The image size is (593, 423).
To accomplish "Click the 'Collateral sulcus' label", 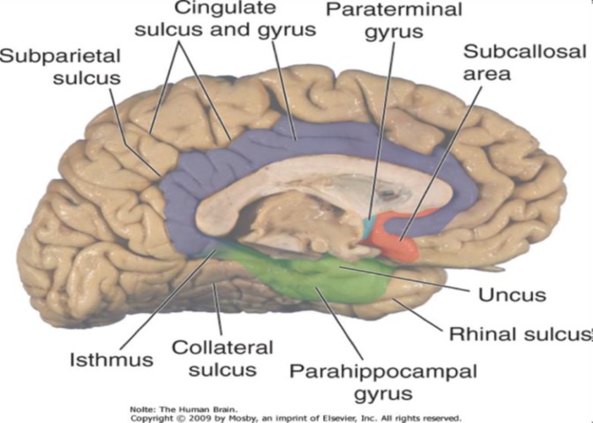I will pos(222,358).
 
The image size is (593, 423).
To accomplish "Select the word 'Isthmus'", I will pos(112,360).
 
